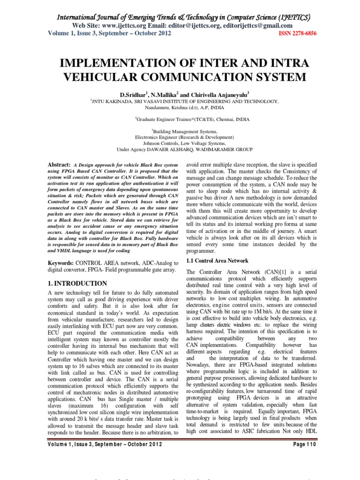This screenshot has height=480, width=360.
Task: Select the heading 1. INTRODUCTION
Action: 78,284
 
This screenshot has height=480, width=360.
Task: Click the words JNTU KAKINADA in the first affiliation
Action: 111,101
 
